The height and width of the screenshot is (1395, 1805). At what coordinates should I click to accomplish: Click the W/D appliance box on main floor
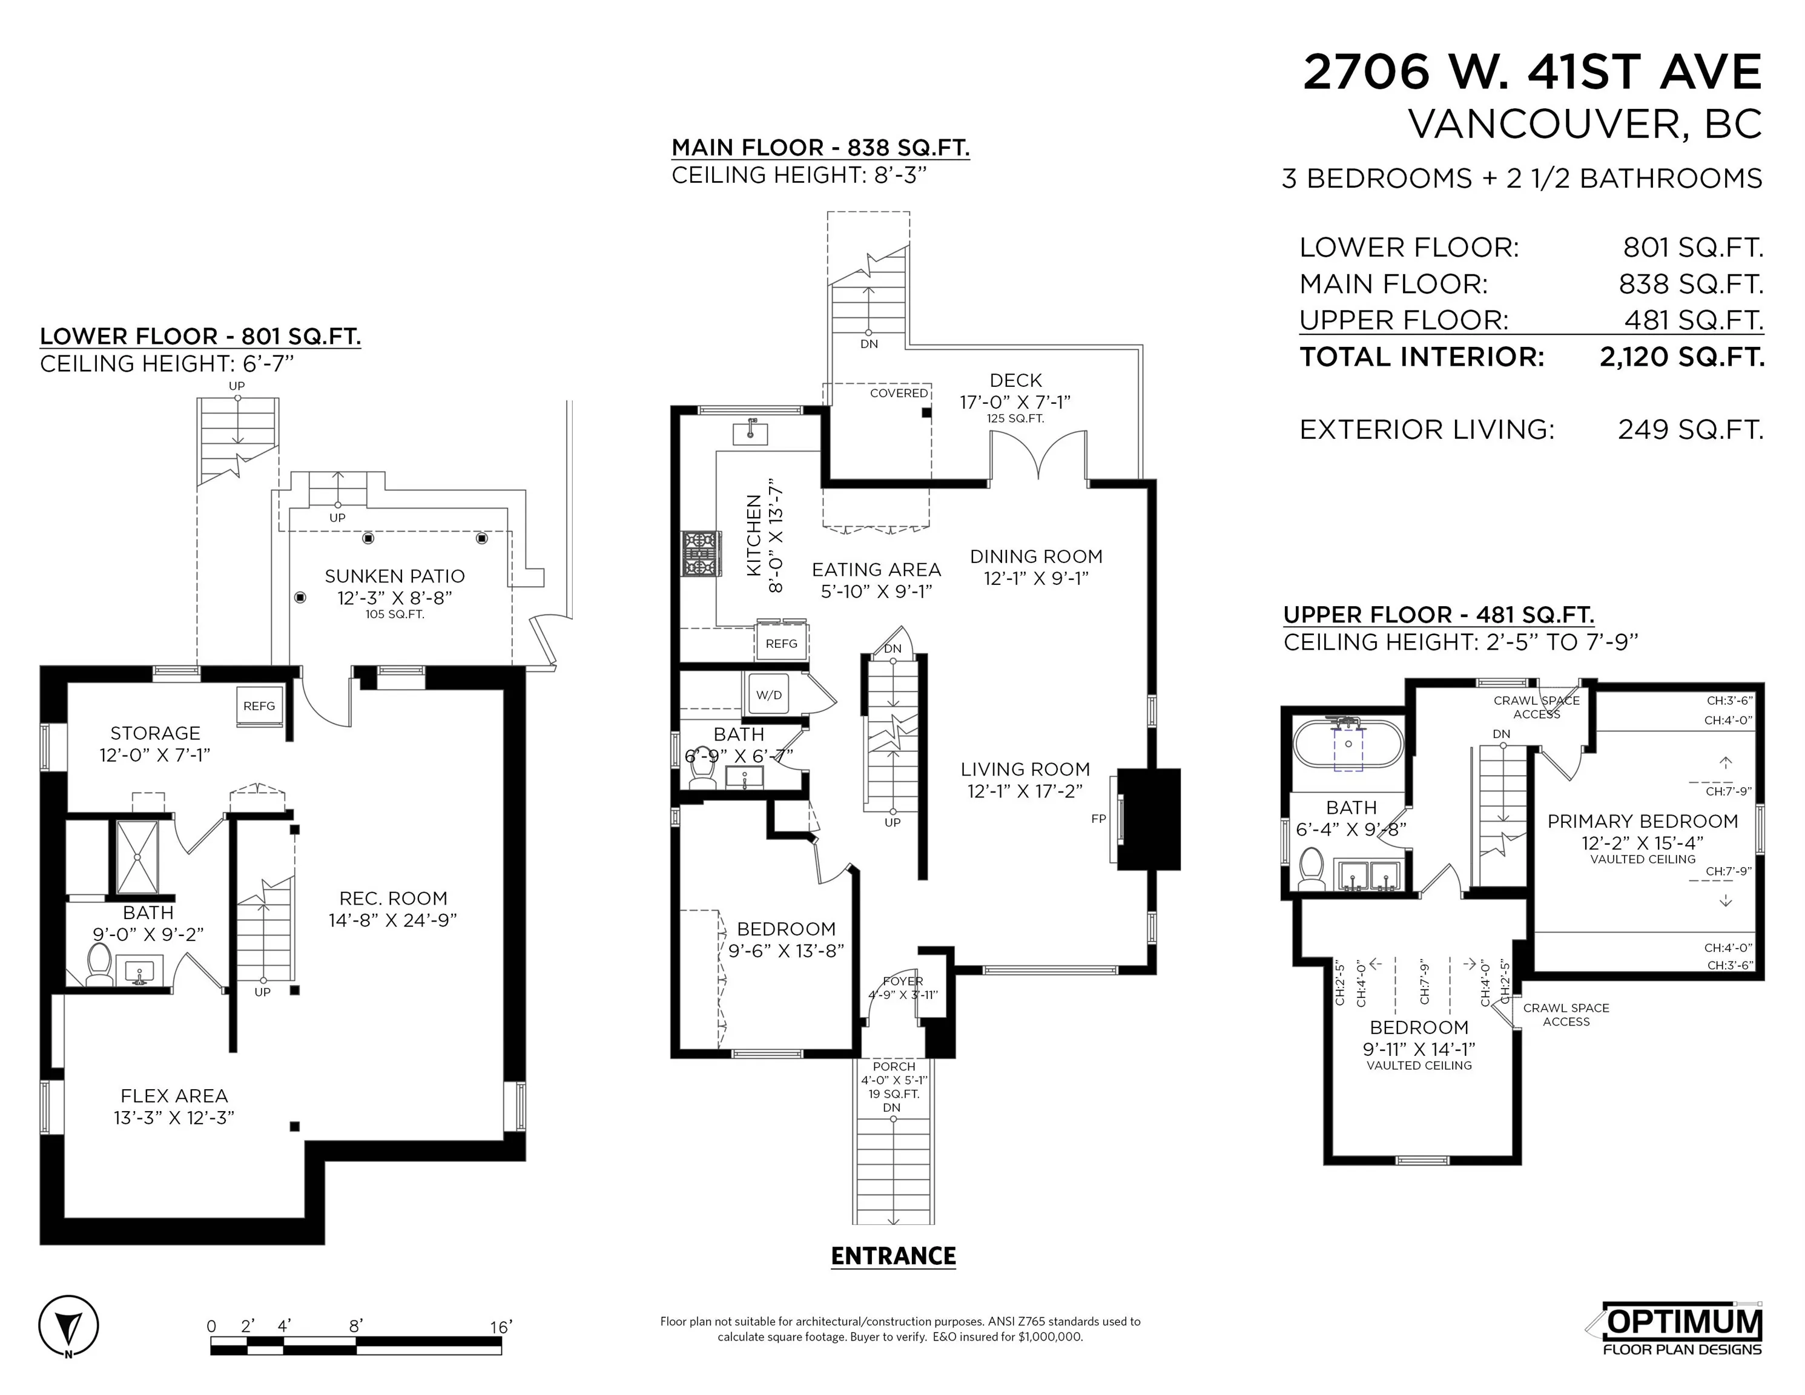(x=768, y=694)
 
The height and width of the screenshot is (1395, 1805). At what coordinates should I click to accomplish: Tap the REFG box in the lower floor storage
(x=259, y=706)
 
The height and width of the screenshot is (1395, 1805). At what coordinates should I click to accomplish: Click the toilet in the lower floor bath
(x=99, y=965)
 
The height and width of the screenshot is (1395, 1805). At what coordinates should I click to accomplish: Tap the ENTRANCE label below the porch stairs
(x=893, y=1257)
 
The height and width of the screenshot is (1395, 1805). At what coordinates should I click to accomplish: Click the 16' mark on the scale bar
(x=501, y=1327)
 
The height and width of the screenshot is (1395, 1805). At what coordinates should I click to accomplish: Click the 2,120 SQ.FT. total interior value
(x=1682, y=357)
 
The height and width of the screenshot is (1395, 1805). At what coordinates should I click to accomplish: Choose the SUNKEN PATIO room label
(x=394, y=576)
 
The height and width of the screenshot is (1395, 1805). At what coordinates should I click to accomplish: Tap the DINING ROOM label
(x=1037, y=556)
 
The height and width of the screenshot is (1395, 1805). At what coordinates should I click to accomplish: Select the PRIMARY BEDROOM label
(x=1643, y=820)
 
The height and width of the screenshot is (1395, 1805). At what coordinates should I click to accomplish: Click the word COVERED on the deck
(x=899, y=394)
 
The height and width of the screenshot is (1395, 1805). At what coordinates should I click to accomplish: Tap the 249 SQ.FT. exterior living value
(x=1690, y=430)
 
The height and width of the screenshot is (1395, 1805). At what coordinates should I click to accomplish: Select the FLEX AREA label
(x=174, y=1096)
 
